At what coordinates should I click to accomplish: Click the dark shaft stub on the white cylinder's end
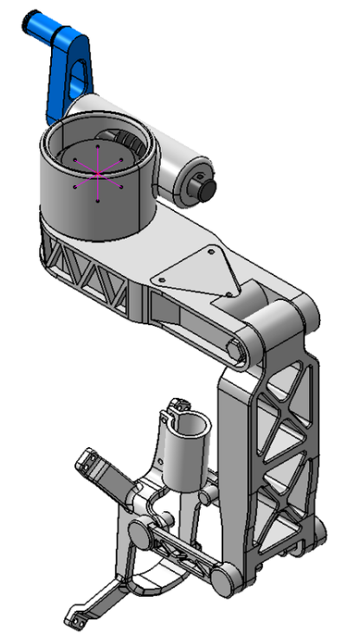click(x=206, y=186)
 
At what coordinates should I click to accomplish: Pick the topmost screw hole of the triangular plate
click(x=209, y=251)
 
